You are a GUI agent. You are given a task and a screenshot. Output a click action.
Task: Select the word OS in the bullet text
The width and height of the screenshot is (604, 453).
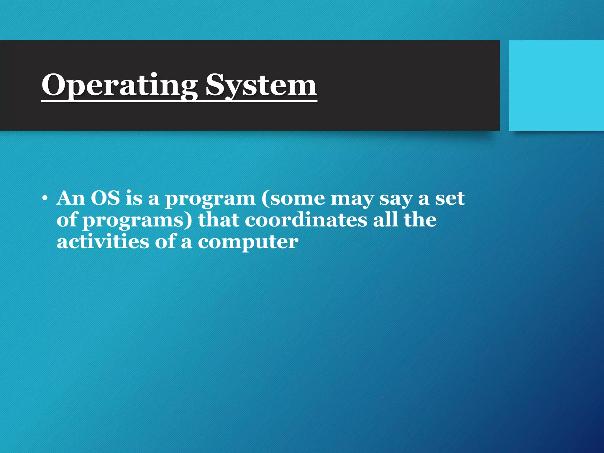coord(105,198)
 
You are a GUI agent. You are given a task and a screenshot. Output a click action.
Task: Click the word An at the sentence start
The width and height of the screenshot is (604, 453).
coord(71,198)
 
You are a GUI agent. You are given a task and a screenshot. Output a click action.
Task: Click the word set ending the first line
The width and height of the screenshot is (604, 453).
coord(450,198)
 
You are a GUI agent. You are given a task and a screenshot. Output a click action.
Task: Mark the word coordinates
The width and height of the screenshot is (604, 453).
coord(306,220)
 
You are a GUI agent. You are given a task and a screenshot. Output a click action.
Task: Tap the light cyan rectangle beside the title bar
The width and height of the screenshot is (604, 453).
coord(556,86)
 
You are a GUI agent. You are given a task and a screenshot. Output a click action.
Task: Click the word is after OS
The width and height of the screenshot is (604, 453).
coord(134,198)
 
